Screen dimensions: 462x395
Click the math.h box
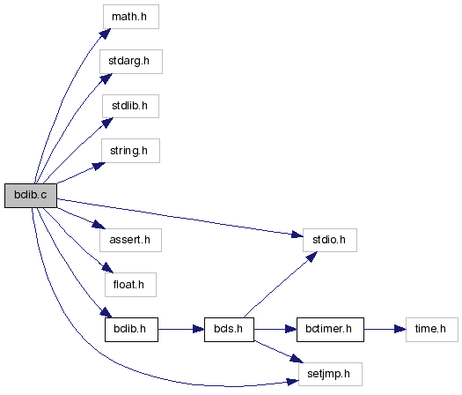pyautogui.click(x=131, y=17)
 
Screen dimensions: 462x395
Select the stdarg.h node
pyautogui.click(x=131, y=62)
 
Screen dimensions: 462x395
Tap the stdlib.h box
pyautogui.click(x=130, y=107)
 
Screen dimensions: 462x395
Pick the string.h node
pyautogui.click(x=130, y=151)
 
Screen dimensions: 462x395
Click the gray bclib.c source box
pyautogui.click(x=31, y=196)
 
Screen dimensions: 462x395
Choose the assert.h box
pyautogui.click(x=130, y=240)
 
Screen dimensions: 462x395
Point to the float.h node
pyautogui.click(x=130, y=285)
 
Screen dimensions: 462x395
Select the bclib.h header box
pyautogui.click(x=131, y=330)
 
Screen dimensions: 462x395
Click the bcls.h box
pyautogui.click(x=229, y=330)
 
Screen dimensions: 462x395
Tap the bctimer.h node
pyautogui.click(x=330, y=330)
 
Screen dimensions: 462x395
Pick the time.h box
pyautogui.click(x=432, y=330)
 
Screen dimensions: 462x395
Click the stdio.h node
pyautogui.click(x=330, y=240)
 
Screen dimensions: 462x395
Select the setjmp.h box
pyautogui.click(x=330, y=374)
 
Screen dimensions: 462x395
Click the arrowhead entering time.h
pyautogui.click(x=400, y=330)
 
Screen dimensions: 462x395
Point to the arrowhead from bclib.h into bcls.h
pyautogui.click(x=199, y=330)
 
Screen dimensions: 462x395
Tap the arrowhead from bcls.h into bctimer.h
pyautogui.click(x=290, y=330)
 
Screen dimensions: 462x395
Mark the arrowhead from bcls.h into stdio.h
pyautogui.click(x=312, y=257)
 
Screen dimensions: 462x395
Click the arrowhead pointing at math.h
pyautogui.click(x=106, y=34)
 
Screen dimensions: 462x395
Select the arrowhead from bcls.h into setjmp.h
pyautogui.click(x=297, y=359)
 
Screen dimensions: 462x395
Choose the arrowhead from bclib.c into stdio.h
pyautogui.click(x=297, y=235)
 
